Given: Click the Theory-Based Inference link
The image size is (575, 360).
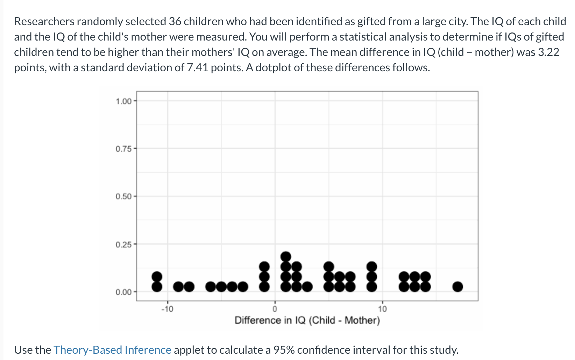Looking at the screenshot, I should (112, 350).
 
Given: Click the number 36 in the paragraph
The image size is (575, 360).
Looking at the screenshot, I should (175, 22).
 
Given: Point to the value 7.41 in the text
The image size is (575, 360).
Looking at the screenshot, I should (197, 67).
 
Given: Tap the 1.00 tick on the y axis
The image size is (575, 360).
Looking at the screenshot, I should (123, 101).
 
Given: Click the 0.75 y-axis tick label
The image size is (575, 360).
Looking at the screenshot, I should (123, 149).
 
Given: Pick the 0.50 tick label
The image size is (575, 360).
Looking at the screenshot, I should (123, 197).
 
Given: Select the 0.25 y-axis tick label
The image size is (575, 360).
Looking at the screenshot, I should (123, 244).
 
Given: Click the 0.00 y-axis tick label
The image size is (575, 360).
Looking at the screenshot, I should (123, 292).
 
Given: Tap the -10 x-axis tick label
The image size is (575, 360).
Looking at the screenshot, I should (167, 309).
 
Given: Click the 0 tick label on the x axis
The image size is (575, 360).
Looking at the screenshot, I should (275, 309).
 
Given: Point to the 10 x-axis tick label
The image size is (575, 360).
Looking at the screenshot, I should (382, 309).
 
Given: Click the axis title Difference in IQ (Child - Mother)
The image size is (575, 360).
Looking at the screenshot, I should (307, 320).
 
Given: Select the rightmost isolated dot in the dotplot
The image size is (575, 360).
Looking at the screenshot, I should (457, 287).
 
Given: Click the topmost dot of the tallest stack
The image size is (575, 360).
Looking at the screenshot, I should (286, 257).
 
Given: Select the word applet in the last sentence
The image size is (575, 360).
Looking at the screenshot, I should (189, 350).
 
